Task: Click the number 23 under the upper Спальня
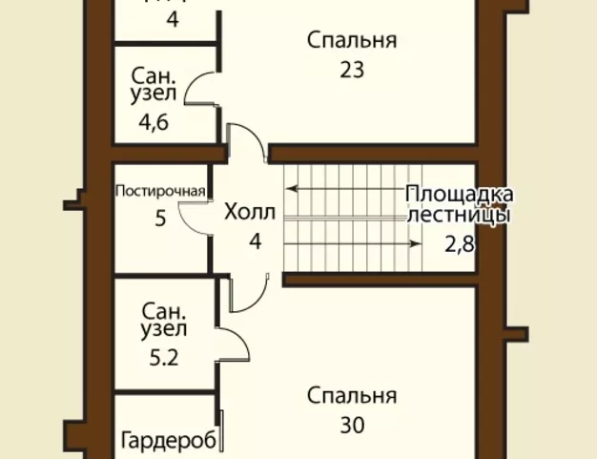[x=352, y=70]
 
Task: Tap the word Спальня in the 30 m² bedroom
[x=352, y=395]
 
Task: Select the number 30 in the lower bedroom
[x=352, y=425]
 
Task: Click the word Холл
[x=250, y=213]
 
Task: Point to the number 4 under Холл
[x=255, y=240]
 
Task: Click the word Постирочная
[x=160, y=190]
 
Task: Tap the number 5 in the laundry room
[x=160, y=219]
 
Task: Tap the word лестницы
[x=459, y=215]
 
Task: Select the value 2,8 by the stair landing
[x=460, y=242]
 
